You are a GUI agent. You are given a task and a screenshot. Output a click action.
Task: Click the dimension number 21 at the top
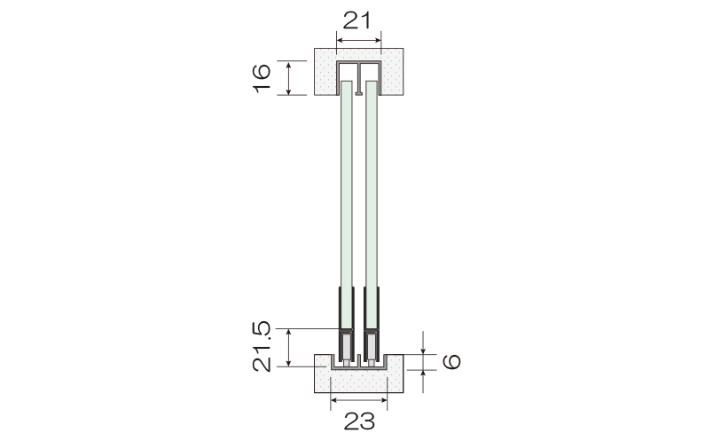coord(357,20)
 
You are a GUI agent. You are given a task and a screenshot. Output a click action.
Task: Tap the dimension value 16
coord(262,78)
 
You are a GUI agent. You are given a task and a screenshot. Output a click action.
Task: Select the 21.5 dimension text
coord(262,347)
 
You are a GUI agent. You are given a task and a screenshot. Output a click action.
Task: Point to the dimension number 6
coord(451,362)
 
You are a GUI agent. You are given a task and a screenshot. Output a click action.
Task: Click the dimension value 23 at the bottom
coord(359,421)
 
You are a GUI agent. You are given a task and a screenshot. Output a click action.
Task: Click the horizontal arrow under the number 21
coord(359,41)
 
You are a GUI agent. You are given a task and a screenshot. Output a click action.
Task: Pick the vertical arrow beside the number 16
coord(288,78)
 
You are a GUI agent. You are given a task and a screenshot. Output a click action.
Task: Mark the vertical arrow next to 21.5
coord(288,348)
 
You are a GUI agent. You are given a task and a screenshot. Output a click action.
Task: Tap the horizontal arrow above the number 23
coord(359,400)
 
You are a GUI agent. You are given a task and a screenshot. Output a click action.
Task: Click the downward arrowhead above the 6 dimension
coord(423,350)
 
